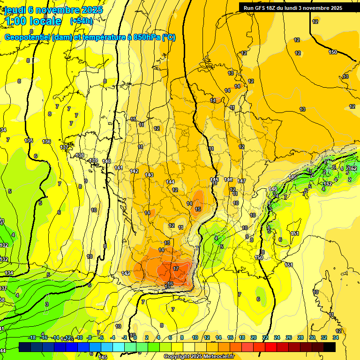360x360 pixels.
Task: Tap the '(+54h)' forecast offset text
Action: pos(82,21)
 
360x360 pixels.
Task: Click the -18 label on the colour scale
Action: pos(32,337)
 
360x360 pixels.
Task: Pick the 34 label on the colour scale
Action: pos(336,337)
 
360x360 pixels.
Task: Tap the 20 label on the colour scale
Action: pos(254,337)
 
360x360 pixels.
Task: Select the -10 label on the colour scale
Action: pos(79,337)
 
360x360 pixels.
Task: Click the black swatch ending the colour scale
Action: pos(330,347)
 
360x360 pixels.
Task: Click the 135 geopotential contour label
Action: pos(29,141)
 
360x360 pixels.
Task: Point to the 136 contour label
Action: pos(46,142)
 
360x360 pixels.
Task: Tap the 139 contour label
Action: pos(94,161)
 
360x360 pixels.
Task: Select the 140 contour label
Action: pos(106,161)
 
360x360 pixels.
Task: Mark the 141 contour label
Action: pos(119,168)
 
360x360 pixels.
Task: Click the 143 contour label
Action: pos(149,175)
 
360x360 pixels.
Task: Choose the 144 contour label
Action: pos(170,182)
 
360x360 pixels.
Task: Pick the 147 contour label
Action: pos(241,181)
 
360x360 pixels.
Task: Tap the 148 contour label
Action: pos(273,189)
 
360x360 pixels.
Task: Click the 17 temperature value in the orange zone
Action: pos(176,269)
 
